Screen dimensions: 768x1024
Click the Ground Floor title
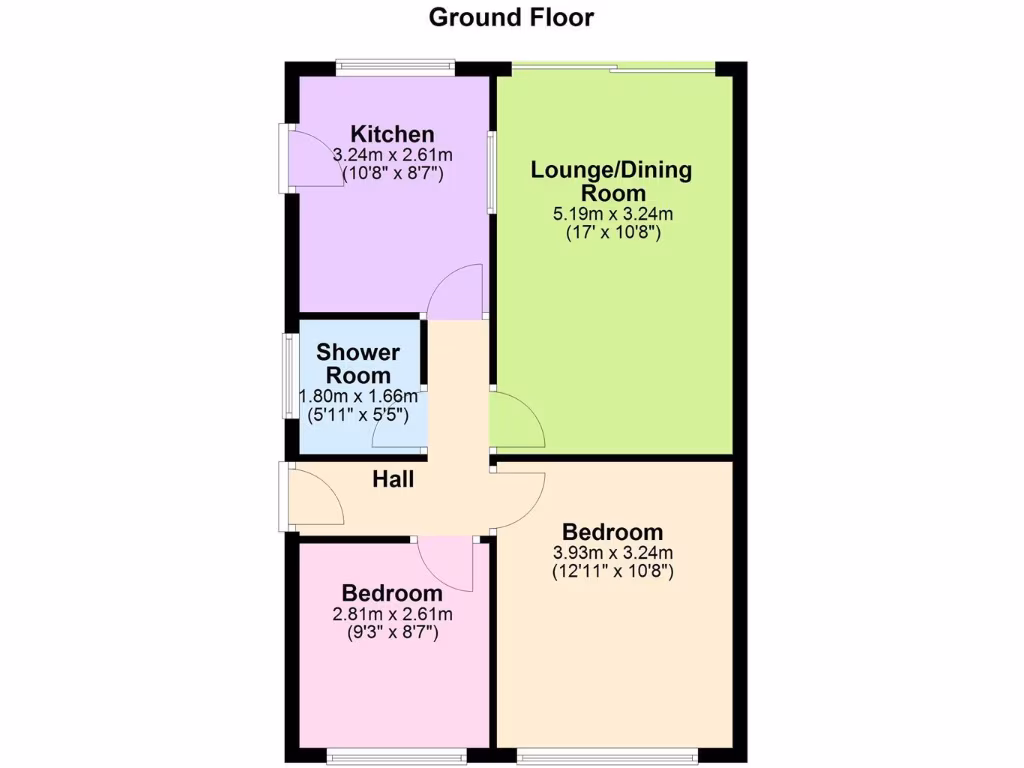click(511, 17)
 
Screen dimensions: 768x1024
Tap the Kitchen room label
click(392, 134)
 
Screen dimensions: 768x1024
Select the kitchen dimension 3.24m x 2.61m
click(392, 155)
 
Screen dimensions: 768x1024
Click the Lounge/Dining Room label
click(611, 180)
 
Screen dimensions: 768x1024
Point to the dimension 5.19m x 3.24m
click(612, 213)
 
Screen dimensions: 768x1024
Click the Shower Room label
click(358, 364)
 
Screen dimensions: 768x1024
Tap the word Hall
click(393, 480)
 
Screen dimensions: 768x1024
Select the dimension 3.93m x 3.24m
click(612, 553)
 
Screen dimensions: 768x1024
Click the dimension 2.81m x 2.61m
click(392, 614)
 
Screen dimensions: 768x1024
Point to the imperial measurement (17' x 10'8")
click(612, 232)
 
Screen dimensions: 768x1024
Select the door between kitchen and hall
click(455, 292)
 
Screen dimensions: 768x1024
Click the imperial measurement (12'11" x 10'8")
click(612, 572)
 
